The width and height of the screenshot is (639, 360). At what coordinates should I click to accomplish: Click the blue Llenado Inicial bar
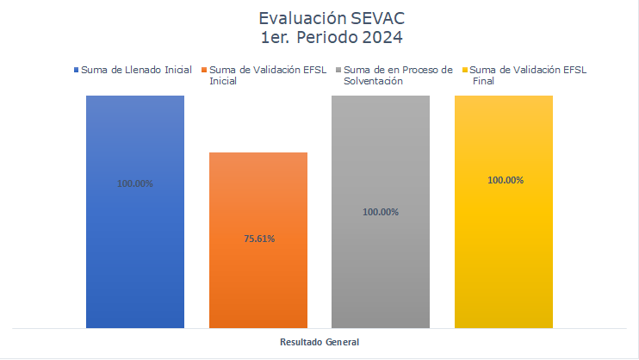click(x=135, y=212)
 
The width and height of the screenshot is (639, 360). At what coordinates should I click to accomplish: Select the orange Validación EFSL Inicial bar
click(x=258, y=240)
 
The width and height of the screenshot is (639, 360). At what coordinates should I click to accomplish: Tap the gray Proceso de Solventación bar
click(x=381, y=212)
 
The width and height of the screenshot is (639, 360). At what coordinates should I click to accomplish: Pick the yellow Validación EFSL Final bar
click(x=504, y=212)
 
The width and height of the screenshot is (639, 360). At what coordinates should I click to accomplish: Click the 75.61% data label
click(x=259, y=239)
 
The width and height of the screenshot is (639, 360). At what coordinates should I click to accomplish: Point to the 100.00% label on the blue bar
click(x=135, y=183)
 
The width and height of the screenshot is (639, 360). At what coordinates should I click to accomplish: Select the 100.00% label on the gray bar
click(x=381, y=212)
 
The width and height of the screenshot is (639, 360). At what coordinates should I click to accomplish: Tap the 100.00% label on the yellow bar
click(x=506, y=180)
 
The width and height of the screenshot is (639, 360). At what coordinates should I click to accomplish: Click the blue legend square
click(x=76, y=70)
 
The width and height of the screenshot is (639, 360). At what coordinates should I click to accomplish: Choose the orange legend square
click(x=204, y=70)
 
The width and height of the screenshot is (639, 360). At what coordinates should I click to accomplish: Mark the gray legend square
click(x=338, y=70)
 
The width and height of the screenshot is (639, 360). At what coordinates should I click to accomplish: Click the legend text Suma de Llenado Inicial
click(x=137, y=70)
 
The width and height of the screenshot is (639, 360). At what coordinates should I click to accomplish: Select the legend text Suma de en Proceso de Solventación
click(x=398, y=76)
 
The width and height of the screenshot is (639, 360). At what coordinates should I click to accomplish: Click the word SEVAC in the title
click(x=377, y=18)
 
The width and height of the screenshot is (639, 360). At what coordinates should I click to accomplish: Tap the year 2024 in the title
click(x=382, y=37)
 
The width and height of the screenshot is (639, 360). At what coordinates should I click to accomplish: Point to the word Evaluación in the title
click(x=302, y=18)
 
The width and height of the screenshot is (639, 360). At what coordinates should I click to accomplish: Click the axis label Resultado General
click(x=319, y=342)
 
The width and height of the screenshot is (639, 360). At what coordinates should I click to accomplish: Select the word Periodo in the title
click(x=327, y=37)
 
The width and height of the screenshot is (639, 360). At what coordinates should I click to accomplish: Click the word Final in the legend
click(x=483, y=81)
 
